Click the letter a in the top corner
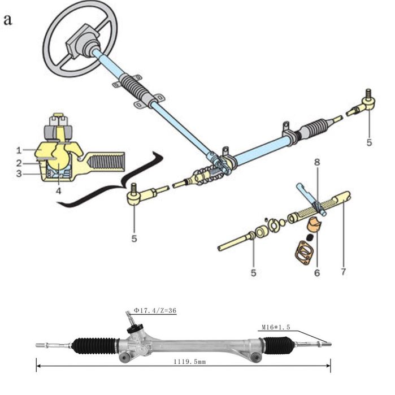click(x=7, y=20)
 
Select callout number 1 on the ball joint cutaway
click(x=19, y=150)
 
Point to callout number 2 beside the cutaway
click(x=19, y=163)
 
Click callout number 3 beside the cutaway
click(x=19, y=173)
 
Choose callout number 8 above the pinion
click(x=317, y=162)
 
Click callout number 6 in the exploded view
click(x=317, y=272)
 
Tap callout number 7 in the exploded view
click(x=343, y=272)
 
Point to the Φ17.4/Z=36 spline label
click(x=155, y=310)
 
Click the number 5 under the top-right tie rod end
click(x=369, y=142)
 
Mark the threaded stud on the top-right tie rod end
click(x=368, y=93)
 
